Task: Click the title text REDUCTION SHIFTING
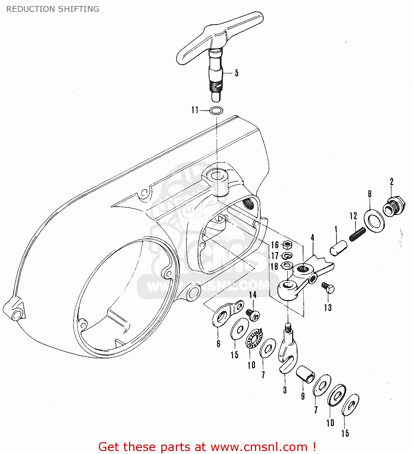53,9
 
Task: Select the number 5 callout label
237,73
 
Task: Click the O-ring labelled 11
216,110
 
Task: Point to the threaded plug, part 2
393,207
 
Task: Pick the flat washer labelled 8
374,221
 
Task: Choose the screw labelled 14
253,314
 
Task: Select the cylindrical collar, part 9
305,374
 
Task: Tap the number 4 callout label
312,238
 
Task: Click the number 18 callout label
274,266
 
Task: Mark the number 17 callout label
274,256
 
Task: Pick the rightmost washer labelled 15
350,405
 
